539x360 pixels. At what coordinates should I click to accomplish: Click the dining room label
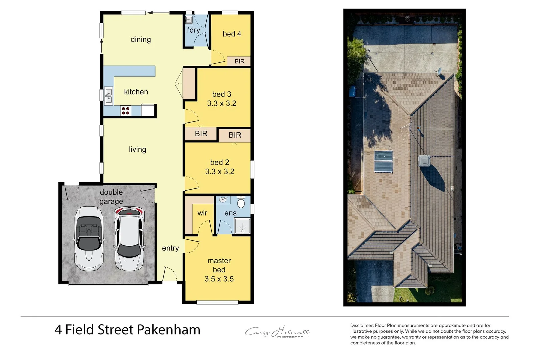(x=140, y=40)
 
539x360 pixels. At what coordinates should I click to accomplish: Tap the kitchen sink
(x=108, y=96)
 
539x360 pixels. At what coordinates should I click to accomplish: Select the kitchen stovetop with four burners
(x=126, y=111)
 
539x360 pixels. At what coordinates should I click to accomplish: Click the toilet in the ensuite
(x=241, y=202)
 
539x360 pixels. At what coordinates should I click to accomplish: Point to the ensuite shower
(x=242, y=226)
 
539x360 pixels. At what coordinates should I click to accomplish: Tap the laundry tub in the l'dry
(x=189, y=20)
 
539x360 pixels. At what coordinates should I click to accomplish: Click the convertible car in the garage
(x=88, y=238)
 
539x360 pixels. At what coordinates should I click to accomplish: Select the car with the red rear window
(x=129, y=238)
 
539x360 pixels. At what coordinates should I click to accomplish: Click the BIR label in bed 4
(x=239, y=61)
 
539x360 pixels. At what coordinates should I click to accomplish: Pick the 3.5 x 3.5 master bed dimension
(x=219, y=279)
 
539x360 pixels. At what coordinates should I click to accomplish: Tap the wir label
(x=202, y=213)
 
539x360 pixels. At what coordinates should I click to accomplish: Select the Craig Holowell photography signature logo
(x=277, y=332)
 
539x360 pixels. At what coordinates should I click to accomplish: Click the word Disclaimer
(x=362, y=325)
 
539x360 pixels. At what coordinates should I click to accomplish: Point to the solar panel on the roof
(x=383, y=162)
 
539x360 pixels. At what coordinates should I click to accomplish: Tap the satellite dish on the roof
(x=440, y=72)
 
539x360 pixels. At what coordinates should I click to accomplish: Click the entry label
(x=170, y=248)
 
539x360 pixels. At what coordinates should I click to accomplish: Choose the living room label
(x=137, y=149)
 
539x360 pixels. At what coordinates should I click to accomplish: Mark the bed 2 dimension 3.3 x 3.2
(x=220, y=172)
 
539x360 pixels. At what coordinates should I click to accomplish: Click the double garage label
(x=111, y=197)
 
